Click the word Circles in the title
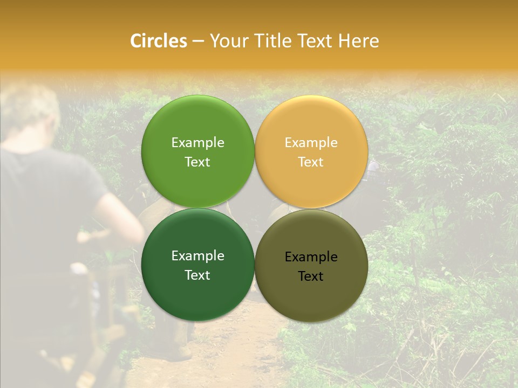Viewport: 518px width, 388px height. point(158,41)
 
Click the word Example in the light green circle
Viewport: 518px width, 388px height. point(197,143)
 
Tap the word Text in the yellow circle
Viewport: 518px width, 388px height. point(311,162)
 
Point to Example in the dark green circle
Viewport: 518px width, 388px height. point(197,256)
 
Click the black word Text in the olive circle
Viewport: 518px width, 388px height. point(311,276)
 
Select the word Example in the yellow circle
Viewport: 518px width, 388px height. point(311,143)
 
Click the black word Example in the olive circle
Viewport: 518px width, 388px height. point(311,257)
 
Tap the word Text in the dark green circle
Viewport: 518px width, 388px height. point(197,275)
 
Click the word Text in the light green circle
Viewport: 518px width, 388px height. point(197,162)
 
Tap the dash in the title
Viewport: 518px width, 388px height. point(198,41)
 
